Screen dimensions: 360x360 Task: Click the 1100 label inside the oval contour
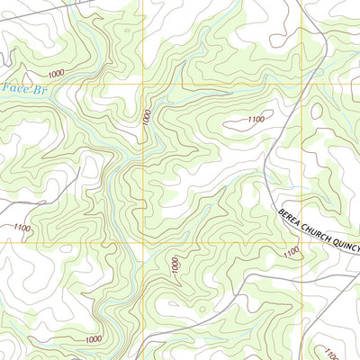point(256,119)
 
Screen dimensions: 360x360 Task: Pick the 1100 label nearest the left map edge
point(22,229)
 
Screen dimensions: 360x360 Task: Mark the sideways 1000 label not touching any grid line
point(175,265)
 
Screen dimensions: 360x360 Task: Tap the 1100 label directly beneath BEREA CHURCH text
point(290,254)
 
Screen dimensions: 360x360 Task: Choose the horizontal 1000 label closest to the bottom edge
point(93,338)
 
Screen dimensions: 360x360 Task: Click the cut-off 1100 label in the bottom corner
point(329,352)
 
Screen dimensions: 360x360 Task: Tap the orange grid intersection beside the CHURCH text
point(301,242)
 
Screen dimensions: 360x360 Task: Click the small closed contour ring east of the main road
point(317,111)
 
